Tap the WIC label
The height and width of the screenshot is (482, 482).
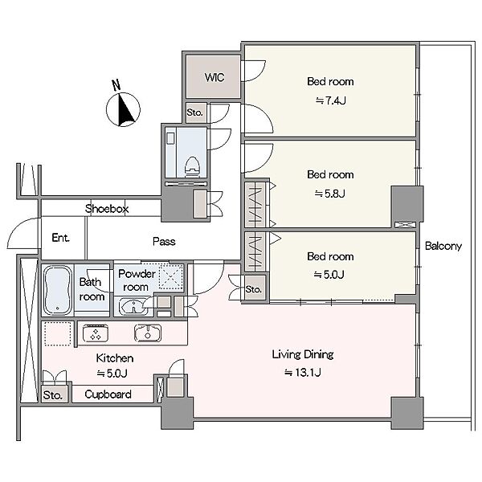tap(214, 77)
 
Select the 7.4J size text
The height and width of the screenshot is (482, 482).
tap(331, 100)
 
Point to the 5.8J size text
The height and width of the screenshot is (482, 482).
tap(330, 194)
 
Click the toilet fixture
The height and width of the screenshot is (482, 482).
tap(192, 167)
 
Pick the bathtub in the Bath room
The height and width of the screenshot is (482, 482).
tap(58, 290)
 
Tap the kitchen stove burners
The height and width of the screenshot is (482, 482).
tap(96, 333)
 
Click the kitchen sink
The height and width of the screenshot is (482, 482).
tap(148, 333)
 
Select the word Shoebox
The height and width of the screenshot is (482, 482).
tap(107, 209)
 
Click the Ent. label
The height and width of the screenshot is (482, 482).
tap(60, 238)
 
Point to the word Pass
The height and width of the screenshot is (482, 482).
tap(164, 241)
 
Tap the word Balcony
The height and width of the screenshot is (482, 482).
tap(443, 246)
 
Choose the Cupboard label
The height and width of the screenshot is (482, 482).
tap(108, 394)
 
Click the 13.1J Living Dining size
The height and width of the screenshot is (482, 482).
tap(303, 373)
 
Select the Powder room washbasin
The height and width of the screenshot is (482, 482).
tap(133, 307)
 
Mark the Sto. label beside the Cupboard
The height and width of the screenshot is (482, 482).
tap(52, 395)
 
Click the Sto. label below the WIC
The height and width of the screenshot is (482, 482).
tap(195, 112)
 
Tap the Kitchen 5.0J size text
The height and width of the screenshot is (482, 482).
tap(112, 374)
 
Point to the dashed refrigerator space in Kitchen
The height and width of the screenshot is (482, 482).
tap(58, 333)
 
